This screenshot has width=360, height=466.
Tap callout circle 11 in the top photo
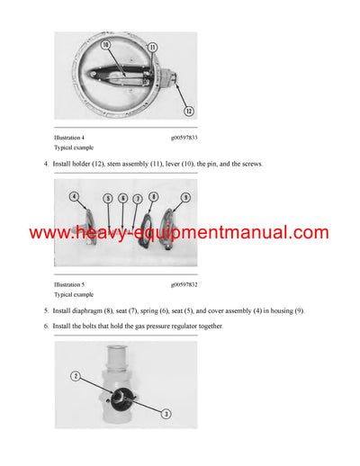153,47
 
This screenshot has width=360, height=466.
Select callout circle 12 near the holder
189,111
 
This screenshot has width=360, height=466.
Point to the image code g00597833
184,138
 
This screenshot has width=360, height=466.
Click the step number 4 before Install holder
46,163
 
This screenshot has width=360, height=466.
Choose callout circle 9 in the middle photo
185,197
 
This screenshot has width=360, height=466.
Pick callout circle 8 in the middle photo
154,196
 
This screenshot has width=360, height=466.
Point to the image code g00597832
184,284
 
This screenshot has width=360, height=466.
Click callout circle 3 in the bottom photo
166,414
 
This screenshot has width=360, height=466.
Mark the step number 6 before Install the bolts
46,325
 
